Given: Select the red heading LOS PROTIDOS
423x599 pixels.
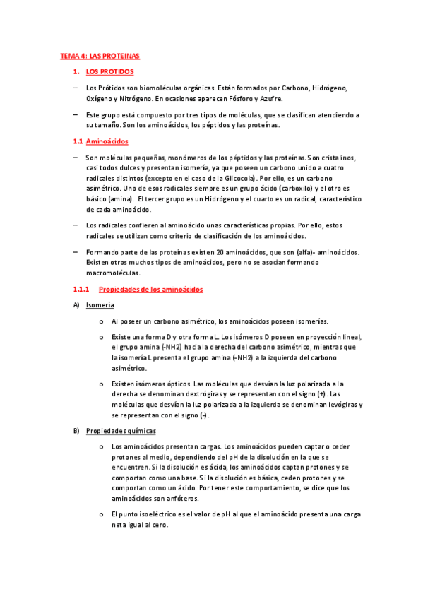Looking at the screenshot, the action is coord(109,72).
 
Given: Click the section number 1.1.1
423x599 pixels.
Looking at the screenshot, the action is coord(83,290).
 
